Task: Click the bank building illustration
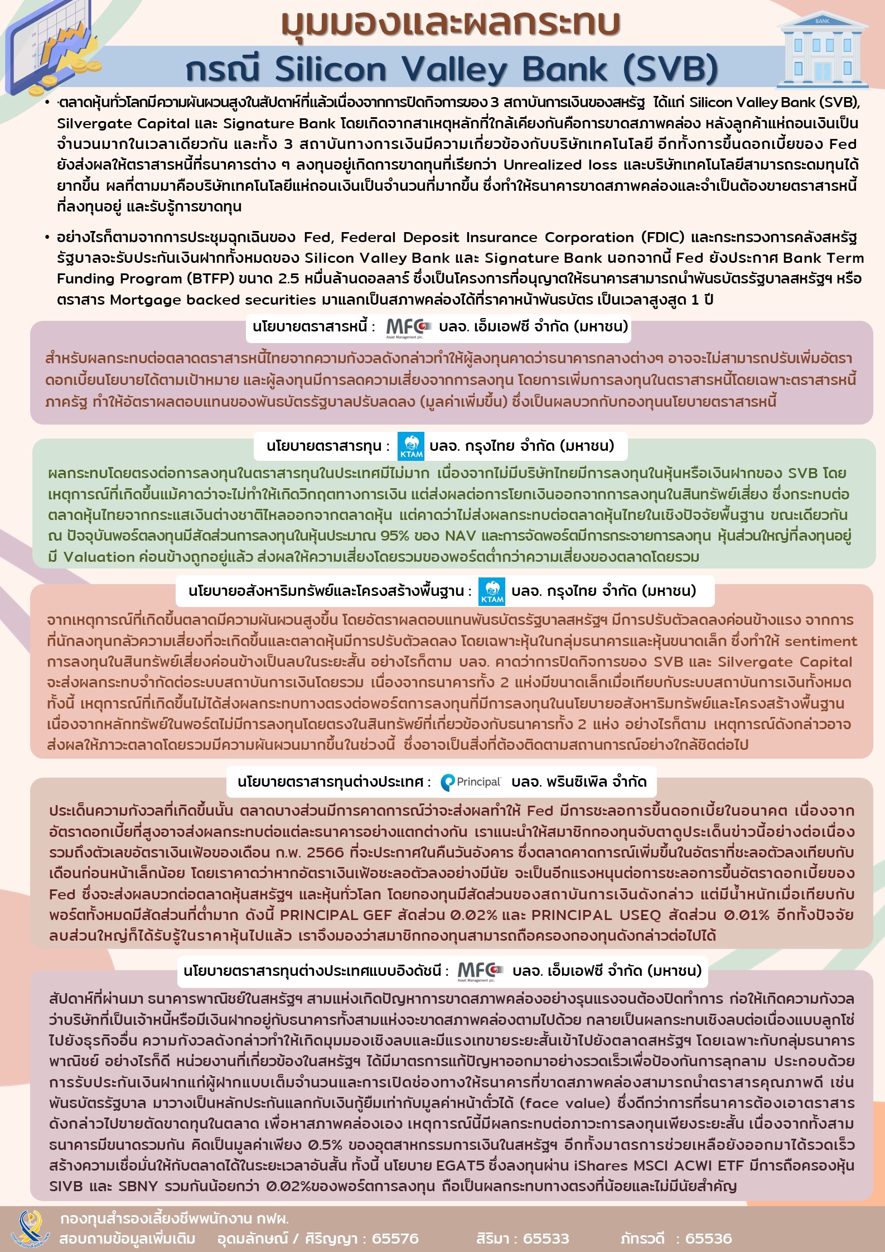click(x=822, y=51)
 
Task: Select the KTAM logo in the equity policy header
click(x=411, y=446)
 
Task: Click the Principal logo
click(x=471, y=782)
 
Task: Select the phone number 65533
click(x=546, y=1239)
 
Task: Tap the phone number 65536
click(x=708, y=1239)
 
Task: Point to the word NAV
click(x=460, y=536)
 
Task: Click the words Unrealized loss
click(x=560, y=165)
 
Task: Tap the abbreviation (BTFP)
click(x=214, y=279)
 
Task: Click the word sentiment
click(x=821, y=641)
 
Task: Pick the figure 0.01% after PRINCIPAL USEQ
click(x=747, y=915)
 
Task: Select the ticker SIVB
click(x=67, y=1186)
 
